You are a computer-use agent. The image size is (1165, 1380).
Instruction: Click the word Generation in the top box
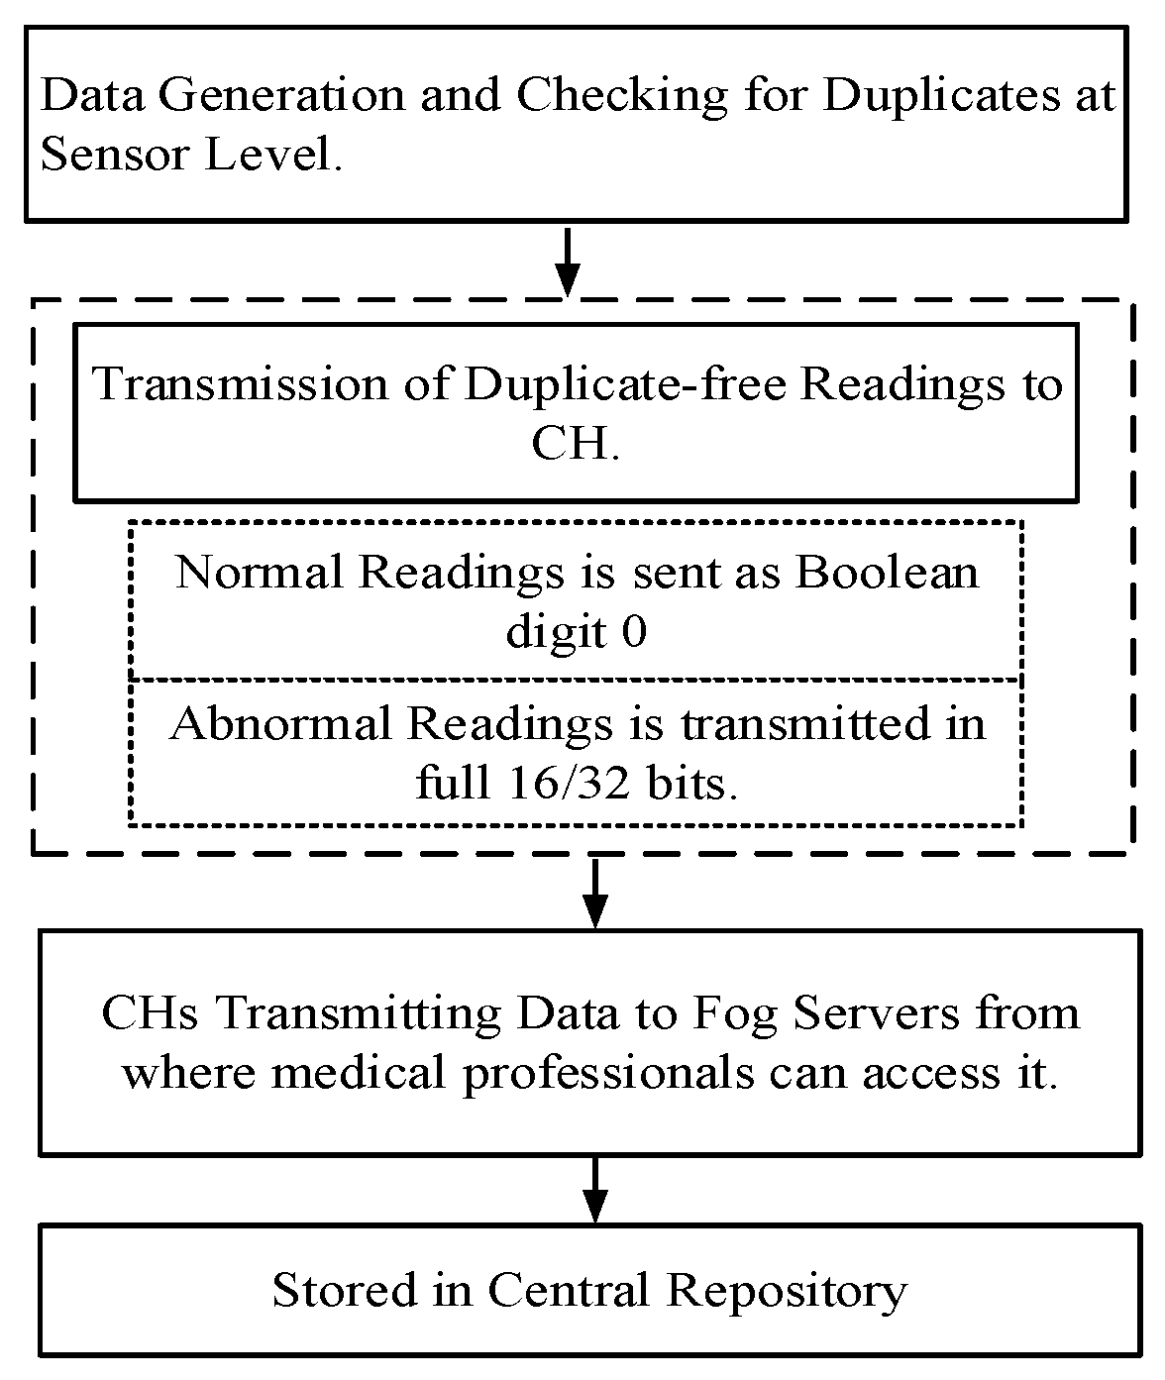[280, 96]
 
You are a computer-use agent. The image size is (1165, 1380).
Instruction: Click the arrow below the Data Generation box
[568, 261]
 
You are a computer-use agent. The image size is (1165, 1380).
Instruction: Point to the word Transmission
[240, 384]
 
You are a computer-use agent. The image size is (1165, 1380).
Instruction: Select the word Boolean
[887, 573]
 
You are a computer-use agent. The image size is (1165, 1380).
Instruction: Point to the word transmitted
[805, 724]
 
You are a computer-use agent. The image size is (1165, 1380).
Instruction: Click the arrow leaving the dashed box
[594, 891]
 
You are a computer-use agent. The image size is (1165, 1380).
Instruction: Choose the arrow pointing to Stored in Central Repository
[594, 1189]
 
